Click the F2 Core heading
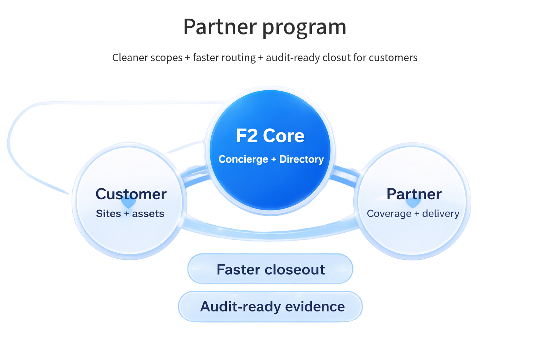270,136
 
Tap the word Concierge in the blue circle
243,159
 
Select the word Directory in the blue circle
301,159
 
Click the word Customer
131,194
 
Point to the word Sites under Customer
108,214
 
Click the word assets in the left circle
148,214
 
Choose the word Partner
414,194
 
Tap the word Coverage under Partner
389,214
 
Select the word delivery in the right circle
441,214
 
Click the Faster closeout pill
270,269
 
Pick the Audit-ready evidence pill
270,306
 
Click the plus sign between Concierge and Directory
274,160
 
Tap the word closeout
295,270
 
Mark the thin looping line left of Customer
11,148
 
